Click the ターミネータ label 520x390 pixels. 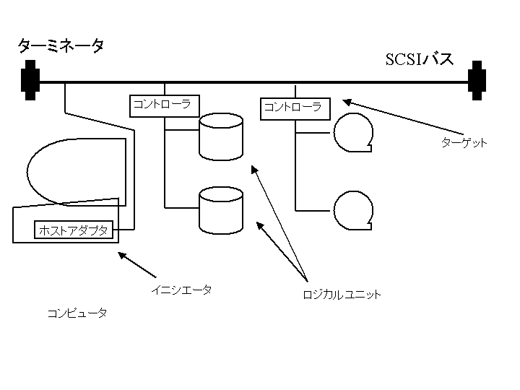pos(61,46)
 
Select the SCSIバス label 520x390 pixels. pos(420,59)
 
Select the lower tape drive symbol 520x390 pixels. pos(353,209)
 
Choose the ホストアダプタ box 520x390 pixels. pos(74,230)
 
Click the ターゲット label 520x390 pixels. pos(464,143)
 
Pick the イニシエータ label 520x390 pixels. pos(181,290)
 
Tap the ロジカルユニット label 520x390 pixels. pos(342,295)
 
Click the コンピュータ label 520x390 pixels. pos(77,313)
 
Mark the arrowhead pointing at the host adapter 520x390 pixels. pos(121,254)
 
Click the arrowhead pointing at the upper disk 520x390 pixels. pos(253,168)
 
